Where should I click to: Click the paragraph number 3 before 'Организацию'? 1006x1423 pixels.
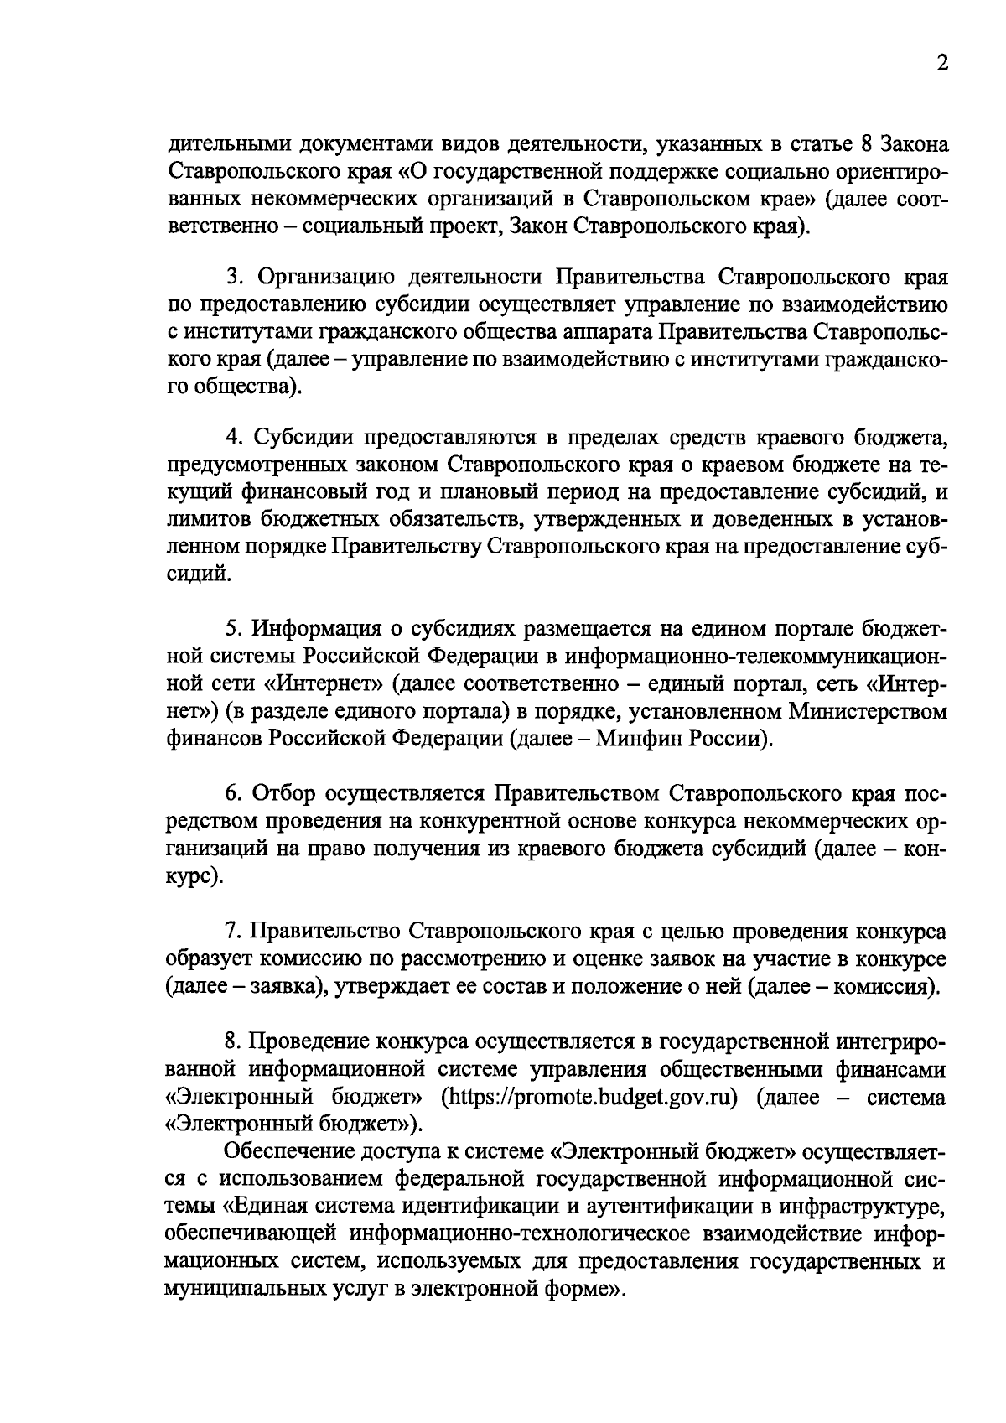coord(236,277)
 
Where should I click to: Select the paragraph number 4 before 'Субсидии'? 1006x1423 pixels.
coord(236,438)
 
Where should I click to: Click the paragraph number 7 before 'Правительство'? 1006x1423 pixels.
coord(235,932)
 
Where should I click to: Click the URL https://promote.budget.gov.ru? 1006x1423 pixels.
coord(594,1097)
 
